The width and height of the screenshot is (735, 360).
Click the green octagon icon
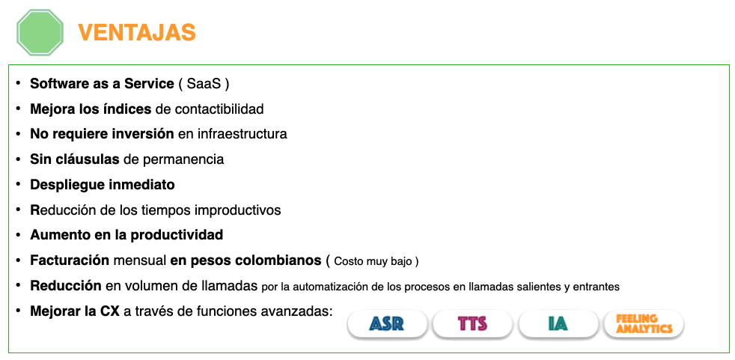40,32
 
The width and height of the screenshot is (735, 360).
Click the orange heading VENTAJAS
137,33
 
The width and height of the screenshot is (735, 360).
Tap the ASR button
387,324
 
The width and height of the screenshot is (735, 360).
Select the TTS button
472,324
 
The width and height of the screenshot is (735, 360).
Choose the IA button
558,324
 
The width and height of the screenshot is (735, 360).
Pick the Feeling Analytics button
644,323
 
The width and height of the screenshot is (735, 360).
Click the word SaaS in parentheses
204,84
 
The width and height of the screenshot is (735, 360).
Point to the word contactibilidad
219,109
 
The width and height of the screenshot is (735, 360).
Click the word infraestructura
243,134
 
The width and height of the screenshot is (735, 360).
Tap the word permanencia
183,159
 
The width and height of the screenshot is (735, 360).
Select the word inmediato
141,185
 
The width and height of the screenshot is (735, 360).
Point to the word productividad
177,235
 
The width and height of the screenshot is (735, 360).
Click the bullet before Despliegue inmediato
18,184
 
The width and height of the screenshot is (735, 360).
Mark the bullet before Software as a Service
18,83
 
